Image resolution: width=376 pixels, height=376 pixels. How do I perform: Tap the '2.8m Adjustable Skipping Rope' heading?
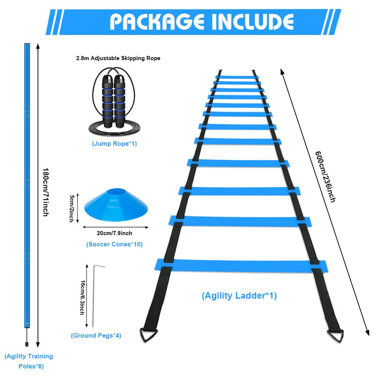click(118, 58)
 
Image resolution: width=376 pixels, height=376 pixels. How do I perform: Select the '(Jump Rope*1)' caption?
click(114, 144)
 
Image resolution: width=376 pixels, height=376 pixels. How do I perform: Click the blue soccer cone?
click(116, 205)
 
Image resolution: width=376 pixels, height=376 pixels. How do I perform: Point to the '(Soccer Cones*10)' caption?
click(114, 244)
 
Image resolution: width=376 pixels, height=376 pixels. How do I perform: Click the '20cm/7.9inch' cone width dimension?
click(114, 233)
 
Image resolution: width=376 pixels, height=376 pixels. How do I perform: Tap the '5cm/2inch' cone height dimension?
click(72, 208)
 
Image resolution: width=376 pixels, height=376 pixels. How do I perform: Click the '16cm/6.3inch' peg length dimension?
click(82, 297)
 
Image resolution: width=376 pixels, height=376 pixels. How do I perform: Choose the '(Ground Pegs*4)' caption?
click(96, 335)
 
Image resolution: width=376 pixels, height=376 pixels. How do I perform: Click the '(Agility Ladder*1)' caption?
click(239, 296)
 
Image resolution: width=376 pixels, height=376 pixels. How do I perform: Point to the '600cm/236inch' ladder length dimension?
click(325, 176)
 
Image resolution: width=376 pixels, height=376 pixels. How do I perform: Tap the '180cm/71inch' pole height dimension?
click(46, 192)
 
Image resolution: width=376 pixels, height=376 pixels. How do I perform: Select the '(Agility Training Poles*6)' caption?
click(29, 361)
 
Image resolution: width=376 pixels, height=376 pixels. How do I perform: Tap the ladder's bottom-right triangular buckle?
click(335, 335)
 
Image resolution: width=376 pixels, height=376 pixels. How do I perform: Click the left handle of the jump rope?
click(108, 102)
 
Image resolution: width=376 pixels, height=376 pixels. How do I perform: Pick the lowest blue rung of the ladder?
click(241, 265)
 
